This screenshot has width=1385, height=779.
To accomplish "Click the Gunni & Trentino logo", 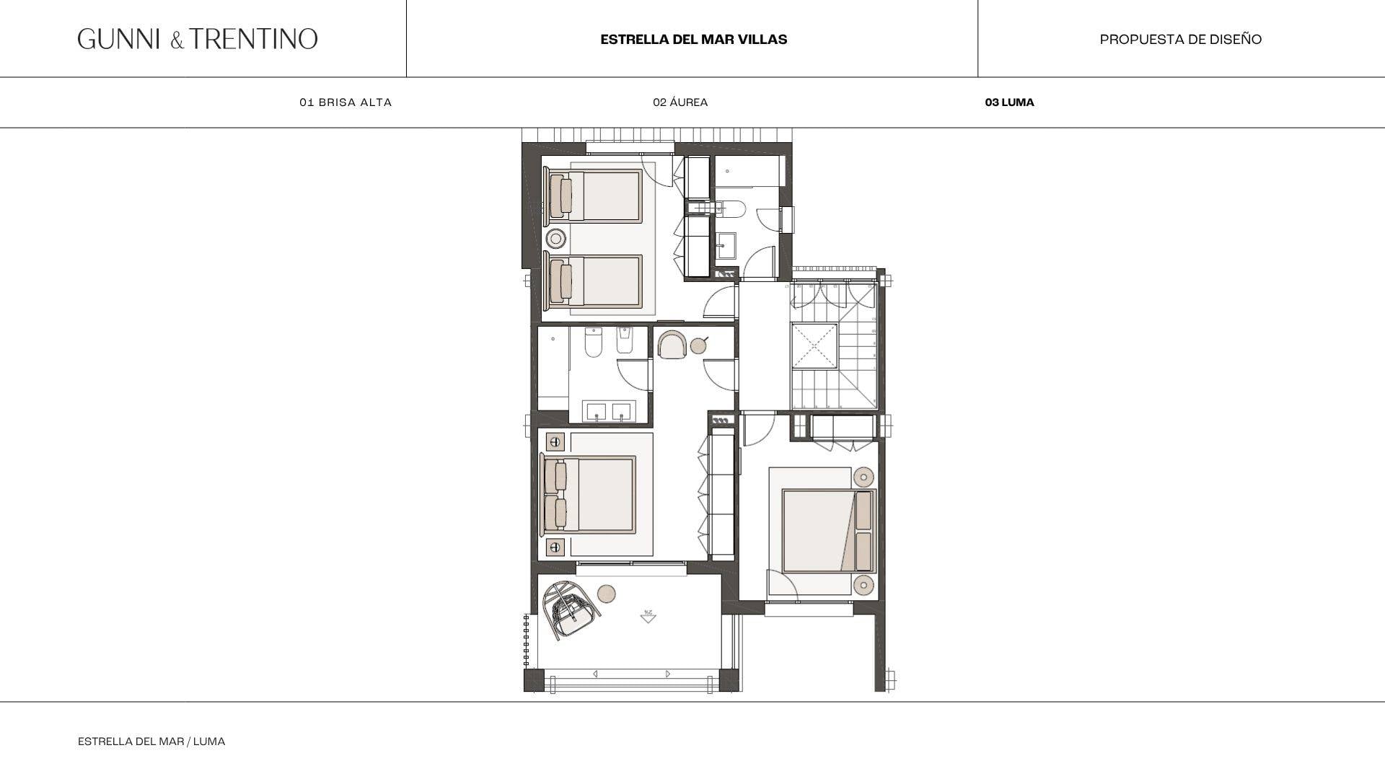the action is tap(198, 39).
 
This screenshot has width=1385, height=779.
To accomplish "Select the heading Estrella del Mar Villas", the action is tap(693, 40).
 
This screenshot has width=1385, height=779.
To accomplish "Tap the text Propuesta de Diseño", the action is tap(1181, 40).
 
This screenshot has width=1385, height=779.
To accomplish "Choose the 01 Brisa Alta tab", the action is tap(346, 102).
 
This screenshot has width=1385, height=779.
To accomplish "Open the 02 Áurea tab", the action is tap(680, 102).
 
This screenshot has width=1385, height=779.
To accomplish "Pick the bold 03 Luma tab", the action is tap(1009, 102).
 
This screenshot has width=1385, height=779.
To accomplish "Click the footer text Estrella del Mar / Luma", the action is tap(151, 741).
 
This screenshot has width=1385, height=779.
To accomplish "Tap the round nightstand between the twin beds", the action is tap(555, 238).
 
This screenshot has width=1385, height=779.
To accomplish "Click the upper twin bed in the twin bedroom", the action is tap(593, 196).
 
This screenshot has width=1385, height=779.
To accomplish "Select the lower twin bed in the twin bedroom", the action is tap(593, 281).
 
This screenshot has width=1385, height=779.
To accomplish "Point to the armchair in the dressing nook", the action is tap(672, 345).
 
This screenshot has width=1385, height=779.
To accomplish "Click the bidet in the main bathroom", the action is tap(625, 340).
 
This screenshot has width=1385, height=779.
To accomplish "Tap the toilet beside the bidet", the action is tap(593, 342).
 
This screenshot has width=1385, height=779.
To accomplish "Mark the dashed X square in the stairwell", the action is tap(814, 346).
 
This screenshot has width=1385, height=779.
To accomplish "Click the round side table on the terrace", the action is tap(607, 594).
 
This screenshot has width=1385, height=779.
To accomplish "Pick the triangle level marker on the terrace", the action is tap(648, 617).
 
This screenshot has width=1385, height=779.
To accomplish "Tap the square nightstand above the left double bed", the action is tap(555, 441).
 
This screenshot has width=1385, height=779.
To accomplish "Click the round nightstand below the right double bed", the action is tap(863, 585).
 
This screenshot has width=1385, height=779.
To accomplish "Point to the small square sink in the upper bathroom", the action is tap(725, 245).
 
